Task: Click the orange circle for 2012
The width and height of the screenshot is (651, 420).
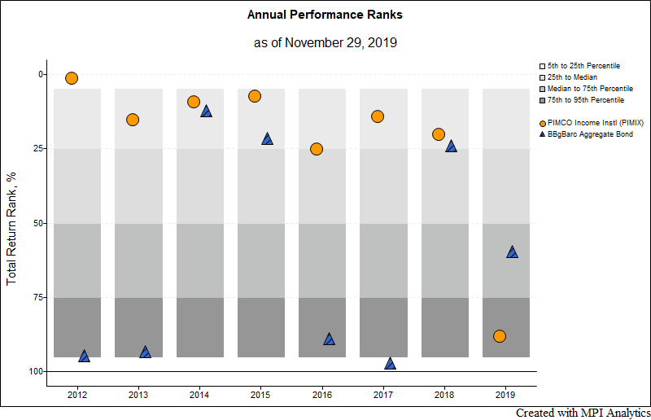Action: pos(72,78)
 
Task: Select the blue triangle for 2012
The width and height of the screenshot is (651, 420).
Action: pos(84,356)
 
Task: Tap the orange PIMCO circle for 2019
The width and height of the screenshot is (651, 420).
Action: pos(500,336)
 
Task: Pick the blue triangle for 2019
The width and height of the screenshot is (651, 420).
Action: pos(512,252)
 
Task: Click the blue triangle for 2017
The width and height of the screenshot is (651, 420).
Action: pos(390,363)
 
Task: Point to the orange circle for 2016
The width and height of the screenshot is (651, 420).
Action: pos(317,149)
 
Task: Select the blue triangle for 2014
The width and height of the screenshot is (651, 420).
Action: pos(206,112)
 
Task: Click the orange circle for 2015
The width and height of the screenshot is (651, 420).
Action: pos(255,96)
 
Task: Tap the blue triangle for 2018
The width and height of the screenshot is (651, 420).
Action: pos(451,147)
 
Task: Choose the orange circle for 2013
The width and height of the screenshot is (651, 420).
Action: pos(133,120)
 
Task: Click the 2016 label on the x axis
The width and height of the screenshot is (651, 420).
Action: pos(321,395)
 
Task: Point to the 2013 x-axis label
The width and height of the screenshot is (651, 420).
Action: pos(138,395)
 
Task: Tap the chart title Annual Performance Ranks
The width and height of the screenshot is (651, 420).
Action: pos(325,15)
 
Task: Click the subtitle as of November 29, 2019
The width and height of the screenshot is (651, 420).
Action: pos(325,42)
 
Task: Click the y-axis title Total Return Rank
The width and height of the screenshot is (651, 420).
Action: pos(11,223)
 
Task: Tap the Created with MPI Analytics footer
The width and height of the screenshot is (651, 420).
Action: pos(582,413)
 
